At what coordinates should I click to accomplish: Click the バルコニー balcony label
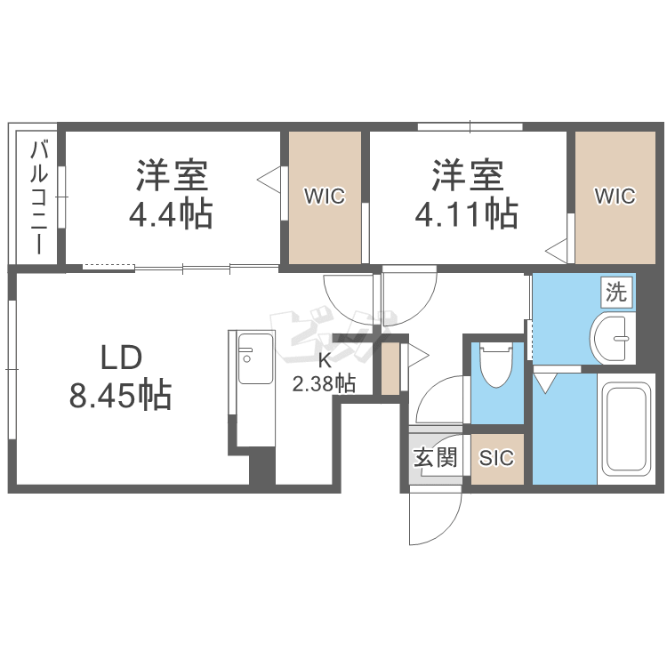pyautogui.click(x=39, y=198)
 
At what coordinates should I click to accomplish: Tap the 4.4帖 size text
pyautogui.click(x=171, y=214)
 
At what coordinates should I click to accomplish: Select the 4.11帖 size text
pyautogui.click(x=467, y=214)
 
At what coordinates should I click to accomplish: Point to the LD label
pyautogui.click(x=121, y=358)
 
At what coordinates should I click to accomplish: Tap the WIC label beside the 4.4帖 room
pyautogui.click(x=325, y=197)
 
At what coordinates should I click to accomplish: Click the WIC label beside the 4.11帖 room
pyautogui.click(x=615, y=197)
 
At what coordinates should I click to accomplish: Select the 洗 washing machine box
pyautogui.click(x=616, y=293)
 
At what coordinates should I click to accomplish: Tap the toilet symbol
pyautogui.click(x=495, y=365)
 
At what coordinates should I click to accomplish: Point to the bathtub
pyautogui.click(x=627, y=429)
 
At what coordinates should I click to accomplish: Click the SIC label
pyautogui.click(x=496, y=458)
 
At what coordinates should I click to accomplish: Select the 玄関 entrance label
pyautogui.click(x=436, y=458)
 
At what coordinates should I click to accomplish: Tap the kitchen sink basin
pyautogui.click(x=255, y=358)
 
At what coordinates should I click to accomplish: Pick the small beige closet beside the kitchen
pyautogui.click(x=390, y=369)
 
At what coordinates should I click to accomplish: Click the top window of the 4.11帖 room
pyautogui.click(x=470, y=126)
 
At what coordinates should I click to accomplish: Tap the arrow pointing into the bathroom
pyautogui.click(x=545, y=382)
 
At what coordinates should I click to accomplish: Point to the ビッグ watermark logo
pyautogui.click(x=333, y=336)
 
